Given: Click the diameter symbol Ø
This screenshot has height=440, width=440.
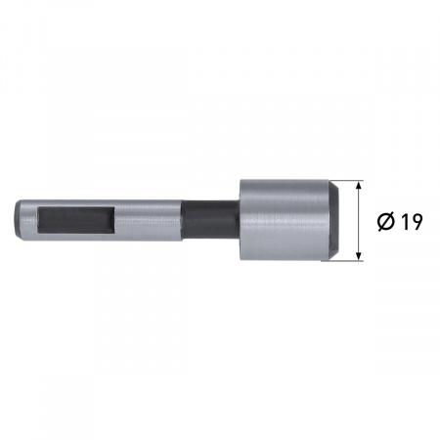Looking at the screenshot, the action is (386, 222).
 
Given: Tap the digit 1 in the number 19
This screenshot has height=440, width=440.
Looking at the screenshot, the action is (404, 222).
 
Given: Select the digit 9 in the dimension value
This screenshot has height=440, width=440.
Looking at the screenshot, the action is (417, 222).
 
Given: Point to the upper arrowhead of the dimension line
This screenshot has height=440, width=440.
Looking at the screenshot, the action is (359, 186).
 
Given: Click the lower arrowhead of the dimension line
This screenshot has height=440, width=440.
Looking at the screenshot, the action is (359, 255).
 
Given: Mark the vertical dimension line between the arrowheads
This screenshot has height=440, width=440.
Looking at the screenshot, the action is (359, 220).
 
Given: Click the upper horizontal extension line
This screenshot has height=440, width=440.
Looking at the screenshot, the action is (348, 180).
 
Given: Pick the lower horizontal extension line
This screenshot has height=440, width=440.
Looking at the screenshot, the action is (342, 261).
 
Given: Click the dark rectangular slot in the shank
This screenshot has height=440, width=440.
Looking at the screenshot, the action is (76, 220).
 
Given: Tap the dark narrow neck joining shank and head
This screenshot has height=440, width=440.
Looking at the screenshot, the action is (210, 220).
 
